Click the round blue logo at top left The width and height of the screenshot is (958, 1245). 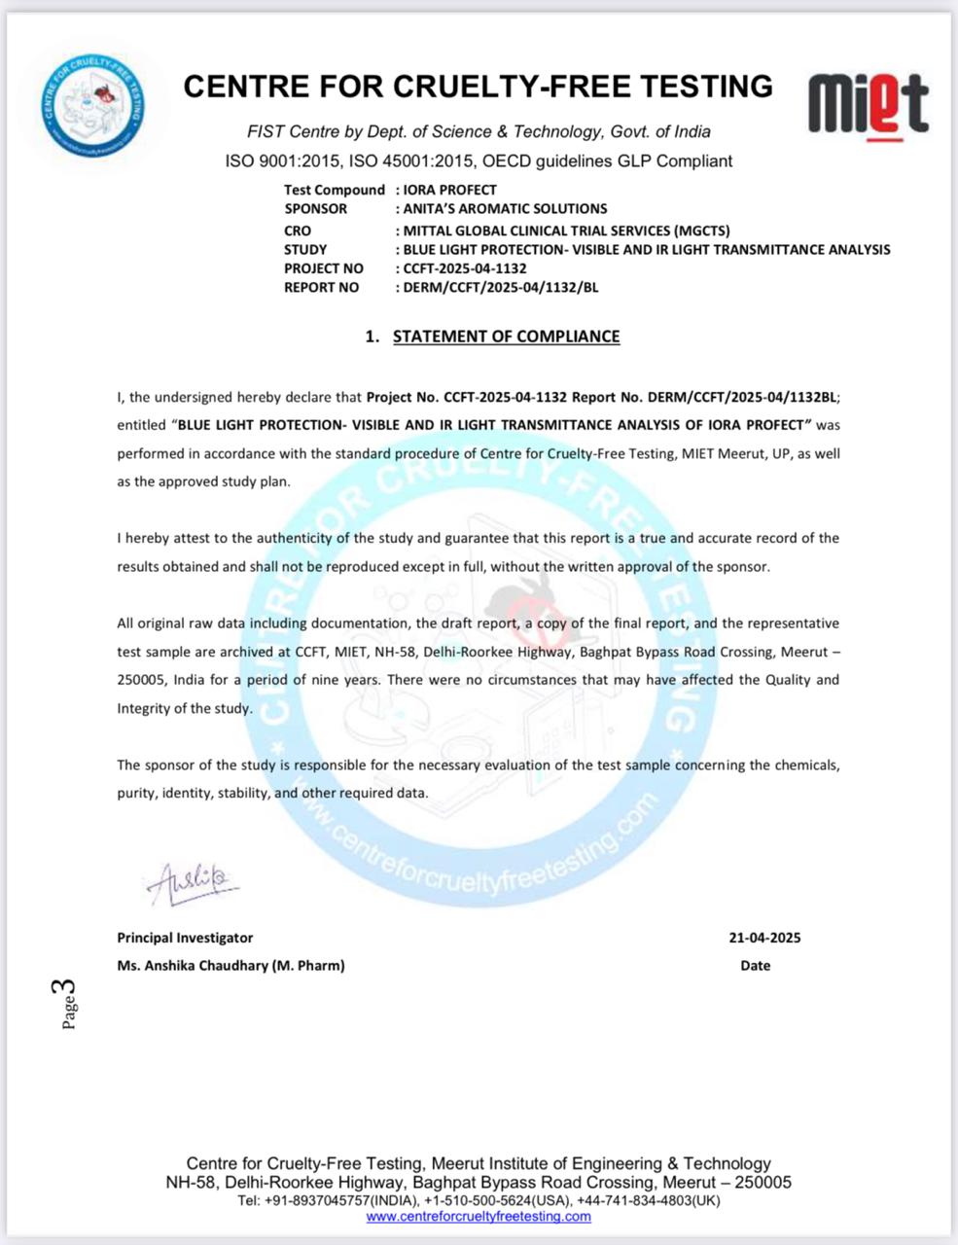[94, 101]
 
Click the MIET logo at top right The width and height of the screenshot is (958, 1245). [869, 104]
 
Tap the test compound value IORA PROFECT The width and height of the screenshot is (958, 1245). [449, 190]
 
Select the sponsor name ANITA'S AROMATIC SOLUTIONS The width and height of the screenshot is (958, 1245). [505, 208]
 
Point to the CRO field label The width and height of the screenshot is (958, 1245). [298, 231]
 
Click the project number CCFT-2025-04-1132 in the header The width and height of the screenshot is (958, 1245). [465, 268]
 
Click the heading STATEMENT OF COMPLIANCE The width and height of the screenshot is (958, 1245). [506, 337]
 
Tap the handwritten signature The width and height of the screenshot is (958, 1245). [193, 881]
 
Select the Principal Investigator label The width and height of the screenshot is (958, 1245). [185, 938]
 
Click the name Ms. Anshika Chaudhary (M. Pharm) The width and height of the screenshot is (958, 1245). [231, 966]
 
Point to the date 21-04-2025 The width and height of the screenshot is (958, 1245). [764, 938]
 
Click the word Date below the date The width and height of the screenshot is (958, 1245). [755, 966]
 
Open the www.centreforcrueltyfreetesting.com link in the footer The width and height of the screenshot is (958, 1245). [479, 1216]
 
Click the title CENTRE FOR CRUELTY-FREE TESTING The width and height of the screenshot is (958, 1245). [478, 87]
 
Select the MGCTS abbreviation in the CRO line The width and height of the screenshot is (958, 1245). [700, 231]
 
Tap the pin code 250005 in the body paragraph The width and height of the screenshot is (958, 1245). [143, 680]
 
